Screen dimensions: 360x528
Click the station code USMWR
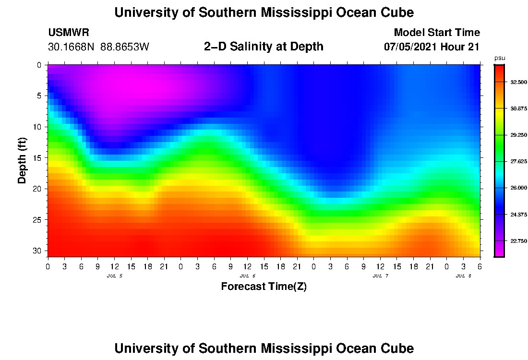(x=69, y=33)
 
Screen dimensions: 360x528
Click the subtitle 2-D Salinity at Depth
(x=264, y=47)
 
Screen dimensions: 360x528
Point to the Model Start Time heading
(x=437, y=33)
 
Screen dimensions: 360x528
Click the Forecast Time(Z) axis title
(x=264, y=287)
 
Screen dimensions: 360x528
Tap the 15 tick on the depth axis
(x=39, y=157)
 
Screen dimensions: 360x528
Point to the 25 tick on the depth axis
(x=39, y=220)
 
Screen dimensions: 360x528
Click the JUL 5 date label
(x=114, y=276)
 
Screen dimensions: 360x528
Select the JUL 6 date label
(x=247, y=276)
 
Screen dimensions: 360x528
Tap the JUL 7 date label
(x=380, y=276)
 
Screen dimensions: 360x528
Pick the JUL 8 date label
(x=463, y=276)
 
